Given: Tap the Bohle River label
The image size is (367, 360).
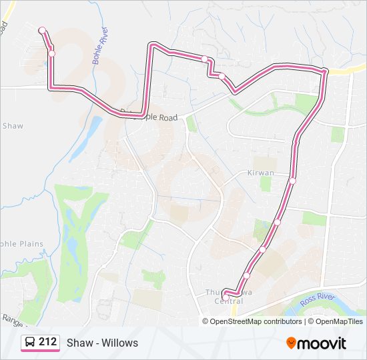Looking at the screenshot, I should coord(100,46).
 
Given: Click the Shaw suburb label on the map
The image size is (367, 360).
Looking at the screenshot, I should coord(13,125).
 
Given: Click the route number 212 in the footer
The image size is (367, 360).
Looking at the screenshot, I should coord(47,342).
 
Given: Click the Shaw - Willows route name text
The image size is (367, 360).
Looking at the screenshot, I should coord(102,343).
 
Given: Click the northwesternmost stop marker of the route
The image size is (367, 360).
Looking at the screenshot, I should coord(42,30).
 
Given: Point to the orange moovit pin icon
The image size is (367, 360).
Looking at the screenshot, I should coord(292,343).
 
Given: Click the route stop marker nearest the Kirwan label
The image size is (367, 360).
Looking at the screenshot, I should coord(292,180).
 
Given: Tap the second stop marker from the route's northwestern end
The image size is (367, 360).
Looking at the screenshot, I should coord(51,53).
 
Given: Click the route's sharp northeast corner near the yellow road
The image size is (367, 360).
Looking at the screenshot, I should coord(325,71).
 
